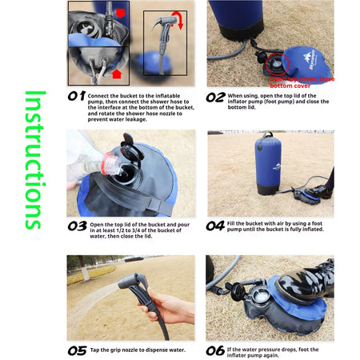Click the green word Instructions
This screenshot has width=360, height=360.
click(32, 159)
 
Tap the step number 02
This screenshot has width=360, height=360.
click(215, 97)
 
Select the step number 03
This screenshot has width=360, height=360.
click(77, 226)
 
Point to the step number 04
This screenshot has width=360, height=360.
click(215, 226)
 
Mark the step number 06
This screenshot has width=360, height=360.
click(215, 350)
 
